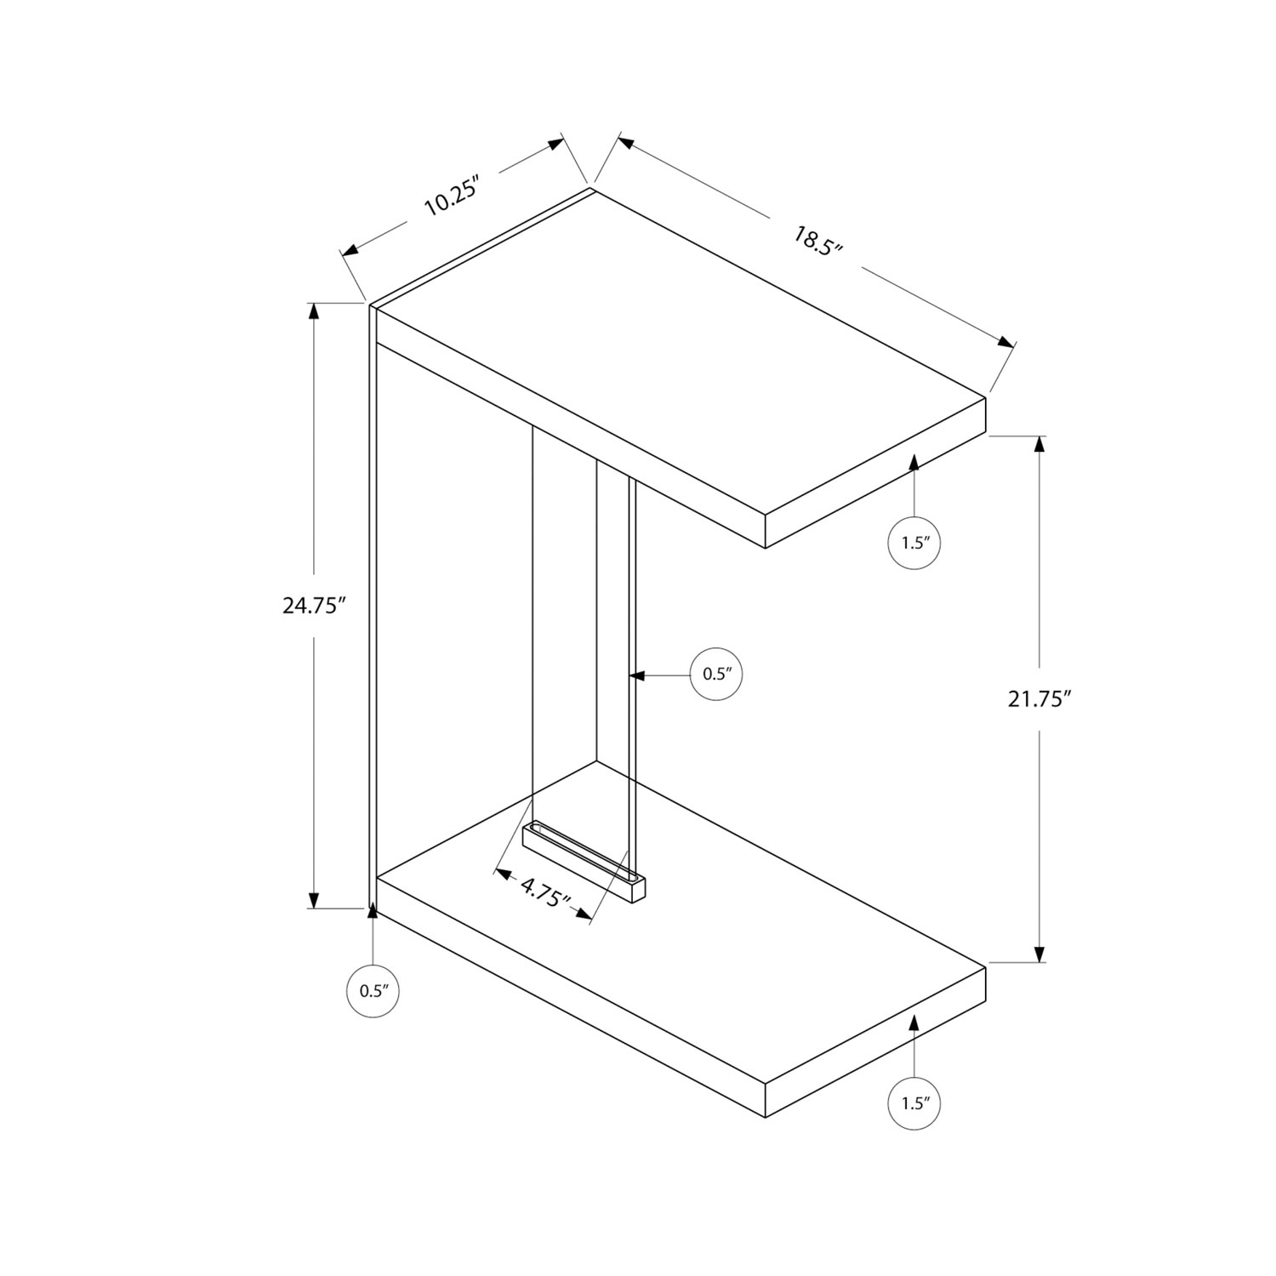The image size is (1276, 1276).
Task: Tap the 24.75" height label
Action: coord(315,606)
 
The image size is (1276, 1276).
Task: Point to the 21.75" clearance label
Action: coord(1039,698)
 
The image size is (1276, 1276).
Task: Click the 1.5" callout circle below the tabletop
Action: coord(914,543)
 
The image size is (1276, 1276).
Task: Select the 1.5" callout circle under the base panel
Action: coord(914,1104)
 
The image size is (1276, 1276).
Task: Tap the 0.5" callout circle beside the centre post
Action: coord(716,675)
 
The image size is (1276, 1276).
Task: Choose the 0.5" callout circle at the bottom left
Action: coord(373,990)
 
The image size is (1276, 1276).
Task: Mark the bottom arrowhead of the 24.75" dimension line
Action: coord(315,900)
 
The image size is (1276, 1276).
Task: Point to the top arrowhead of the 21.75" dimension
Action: coord(1039,445)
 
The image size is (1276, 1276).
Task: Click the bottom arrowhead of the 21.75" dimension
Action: coord(1039,954)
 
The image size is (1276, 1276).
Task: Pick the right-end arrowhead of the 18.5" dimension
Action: coord(1005,342)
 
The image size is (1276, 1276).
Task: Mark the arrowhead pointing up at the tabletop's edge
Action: coord(914,463)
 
